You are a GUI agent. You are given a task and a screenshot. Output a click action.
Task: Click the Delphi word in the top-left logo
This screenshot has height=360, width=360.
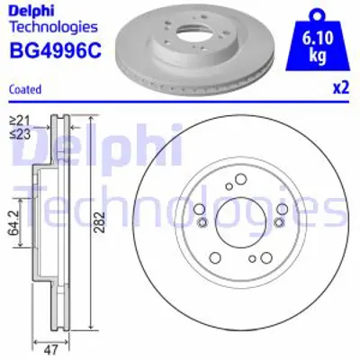point(29,11)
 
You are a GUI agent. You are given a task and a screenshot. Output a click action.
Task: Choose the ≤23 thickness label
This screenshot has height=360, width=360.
point(19,132)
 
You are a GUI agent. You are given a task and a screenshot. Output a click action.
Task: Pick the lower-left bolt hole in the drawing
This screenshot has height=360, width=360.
point(217,258)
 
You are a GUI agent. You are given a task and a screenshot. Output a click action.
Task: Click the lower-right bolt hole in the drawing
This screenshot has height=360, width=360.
point(266,258)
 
